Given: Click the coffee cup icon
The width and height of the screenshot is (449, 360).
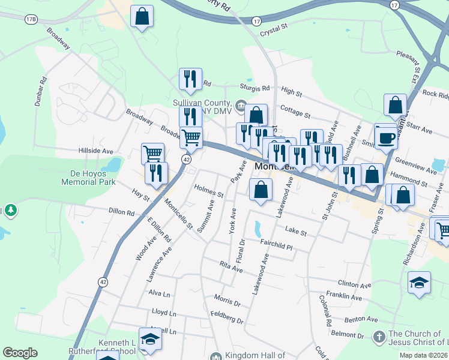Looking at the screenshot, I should tap(386, 137).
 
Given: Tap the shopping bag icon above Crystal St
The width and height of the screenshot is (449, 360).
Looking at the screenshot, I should tap(142, 17).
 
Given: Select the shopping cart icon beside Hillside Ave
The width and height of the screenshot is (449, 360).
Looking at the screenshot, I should tap(153, 154).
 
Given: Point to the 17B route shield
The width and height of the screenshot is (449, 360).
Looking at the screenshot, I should tap(31, 20).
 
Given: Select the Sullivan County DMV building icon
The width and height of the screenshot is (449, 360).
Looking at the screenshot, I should tap(240, 107).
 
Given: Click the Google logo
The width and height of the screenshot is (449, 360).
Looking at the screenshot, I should tap(20, 353).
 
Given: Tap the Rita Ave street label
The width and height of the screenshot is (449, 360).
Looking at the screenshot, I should tap(231, 267).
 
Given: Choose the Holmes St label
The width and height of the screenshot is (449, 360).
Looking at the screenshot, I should tap(208, 191).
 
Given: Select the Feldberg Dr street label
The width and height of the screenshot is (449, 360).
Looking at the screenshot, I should tap(227, 317).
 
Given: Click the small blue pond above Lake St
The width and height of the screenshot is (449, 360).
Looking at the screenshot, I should tap(258, 228).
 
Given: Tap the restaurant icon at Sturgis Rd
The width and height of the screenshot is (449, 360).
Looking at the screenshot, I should tap(190, 80).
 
